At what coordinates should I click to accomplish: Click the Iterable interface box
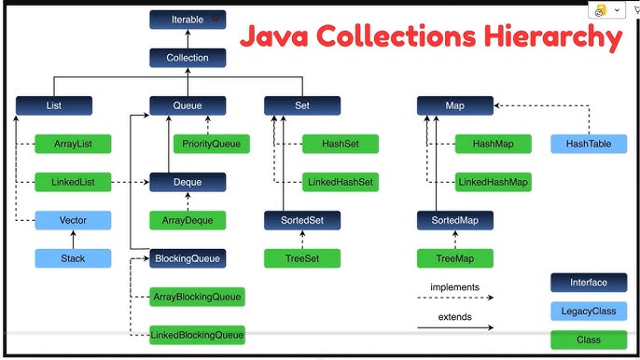pyautogui.click(x=188, y=19)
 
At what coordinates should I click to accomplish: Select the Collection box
pyautogui.click(x=188, y=58)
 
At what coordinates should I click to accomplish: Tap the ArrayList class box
pyautogui.click(x=73, y=144)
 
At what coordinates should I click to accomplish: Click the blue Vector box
pyautogui.click(x=73, y=220)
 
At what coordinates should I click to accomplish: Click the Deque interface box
pyautogui.click(x=188, y=182)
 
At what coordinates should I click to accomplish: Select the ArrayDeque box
pyautogui.click(x=188, y=220)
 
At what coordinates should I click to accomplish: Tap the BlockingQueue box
pyautogui.click(x=188, y=257)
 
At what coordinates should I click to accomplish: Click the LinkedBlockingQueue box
pyautogui.click(x=197, y=334)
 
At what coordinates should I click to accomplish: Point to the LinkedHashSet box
pyautogui.click(x=341, y=182)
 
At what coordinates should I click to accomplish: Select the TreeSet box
pyautogui.click(x=301, y=257)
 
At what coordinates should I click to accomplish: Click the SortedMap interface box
pyautogui.click(x=454, y=220)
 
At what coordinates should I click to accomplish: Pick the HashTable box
pyautogui.click(x=589, y=144)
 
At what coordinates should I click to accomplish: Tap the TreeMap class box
pyautogui.click(x=454, y=257)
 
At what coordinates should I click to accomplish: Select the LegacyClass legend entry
pyautogui.click(x=589, y=311)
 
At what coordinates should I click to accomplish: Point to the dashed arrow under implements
pyautogui.click(x=455, y=298)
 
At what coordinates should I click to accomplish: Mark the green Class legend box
pyautogui.click(x=589, y=339)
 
